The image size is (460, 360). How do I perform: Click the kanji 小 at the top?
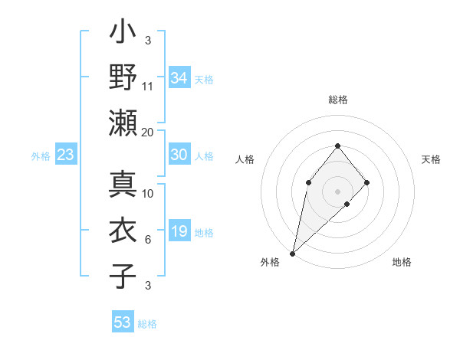123,34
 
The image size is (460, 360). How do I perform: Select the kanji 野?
123,78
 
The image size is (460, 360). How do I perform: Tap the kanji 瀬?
123,122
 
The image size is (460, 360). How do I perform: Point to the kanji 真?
123,185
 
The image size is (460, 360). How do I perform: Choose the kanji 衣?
123,231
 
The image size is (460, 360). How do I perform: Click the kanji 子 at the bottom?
123,276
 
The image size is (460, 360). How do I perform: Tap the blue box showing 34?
179,78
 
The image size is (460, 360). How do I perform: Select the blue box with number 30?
179,155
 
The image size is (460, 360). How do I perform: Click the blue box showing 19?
179,231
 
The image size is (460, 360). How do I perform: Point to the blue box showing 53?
123,322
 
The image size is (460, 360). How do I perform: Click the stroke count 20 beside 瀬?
148,132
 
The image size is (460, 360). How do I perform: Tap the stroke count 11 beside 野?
148,86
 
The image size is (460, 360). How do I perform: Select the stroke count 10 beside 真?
148,194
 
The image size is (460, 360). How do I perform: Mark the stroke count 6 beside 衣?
148,241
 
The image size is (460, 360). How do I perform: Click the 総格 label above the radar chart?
337,100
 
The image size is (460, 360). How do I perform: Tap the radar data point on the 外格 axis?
292,253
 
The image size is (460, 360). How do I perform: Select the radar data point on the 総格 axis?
337,146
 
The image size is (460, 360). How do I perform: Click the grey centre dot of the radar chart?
337,191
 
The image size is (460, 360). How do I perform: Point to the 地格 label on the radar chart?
402,263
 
